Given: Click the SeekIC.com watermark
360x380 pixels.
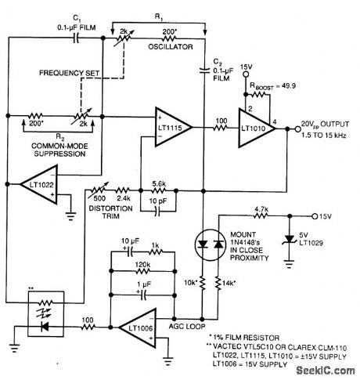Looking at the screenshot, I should click(x=324, y=371).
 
